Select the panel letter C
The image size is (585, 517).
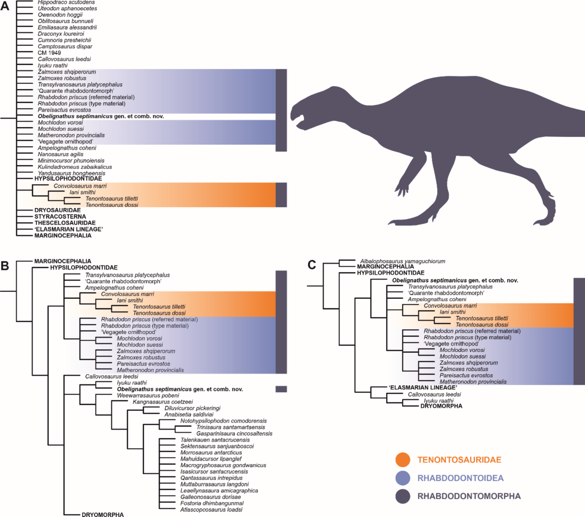coord(312,265)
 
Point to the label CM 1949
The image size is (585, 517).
coord(49,53)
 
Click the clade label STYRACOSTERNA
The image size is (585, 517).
coord(60,216)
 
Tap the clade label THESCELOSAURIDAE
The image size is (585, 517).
coord(65,223)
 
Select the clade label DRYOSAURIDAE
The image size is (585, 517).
coord(58,210)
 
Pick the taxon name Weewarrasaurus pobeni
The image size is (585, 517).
coord(148,396)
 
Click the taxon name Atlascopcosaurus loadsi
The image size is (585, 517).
coord(211,510)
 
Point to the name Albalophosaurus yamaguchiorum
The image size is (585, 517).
coord(403,261)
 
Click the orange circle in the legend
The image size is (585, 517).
coord(403,460)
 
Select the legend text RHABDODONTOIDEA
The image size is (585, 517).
coord(460,478)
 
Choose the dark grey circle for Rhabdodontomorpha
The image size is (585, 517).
coord(403,496)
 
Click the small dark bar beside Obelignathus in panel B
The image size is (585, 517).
coord(281,389)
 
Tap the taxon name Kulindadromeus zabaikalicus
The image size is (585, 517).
coord(75,167)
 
